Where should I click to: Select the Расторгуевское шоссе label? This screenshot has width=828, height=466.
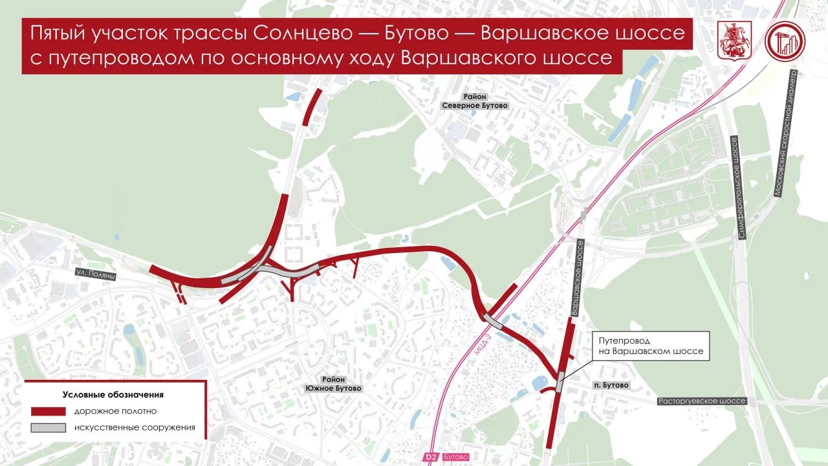click(x=702, y=401)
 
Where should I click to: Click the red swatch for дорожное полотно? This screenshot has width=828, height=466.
click(x=49, y=411)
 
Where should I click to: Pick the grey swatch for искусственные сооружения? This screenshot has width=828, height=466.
click(x=49, y=427)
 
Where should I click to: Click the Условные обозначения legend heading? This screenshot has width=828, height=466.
click(x=113, y=394)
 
